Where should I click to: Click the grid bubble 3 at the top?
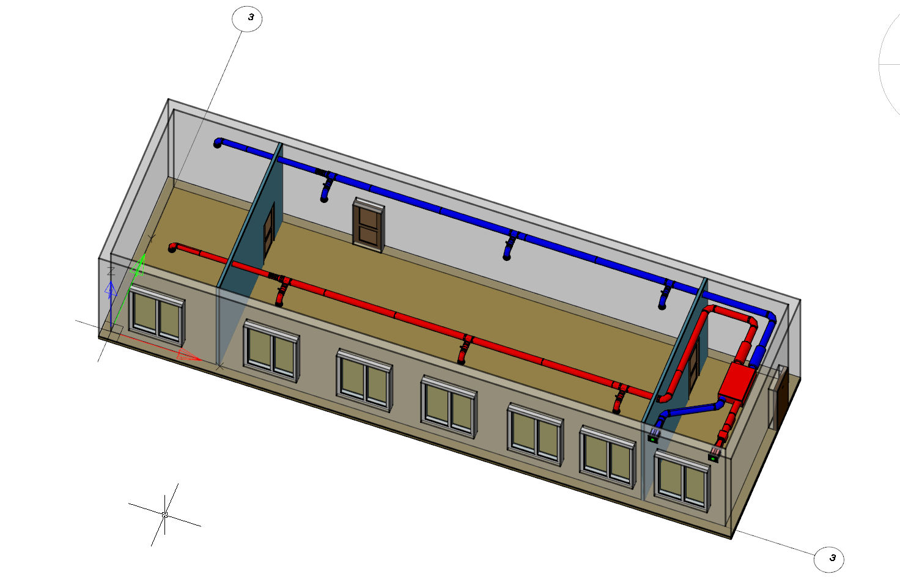247,18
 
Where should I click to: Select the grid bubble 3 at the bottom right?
829,559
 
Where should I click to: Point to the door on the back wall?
369,224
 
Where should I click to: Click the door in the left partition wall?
269,233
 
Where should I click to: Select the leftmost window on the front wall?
157,315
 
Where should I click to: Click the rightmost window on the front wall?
682,481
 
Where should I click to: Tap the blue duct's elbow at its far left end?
218,143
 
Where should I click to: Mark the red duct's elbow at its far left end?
173,248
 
